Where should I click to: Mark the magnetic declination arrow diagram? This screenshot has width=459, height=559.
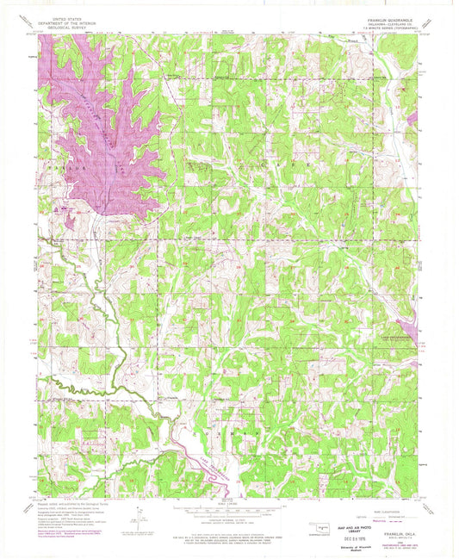point(135,517)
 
